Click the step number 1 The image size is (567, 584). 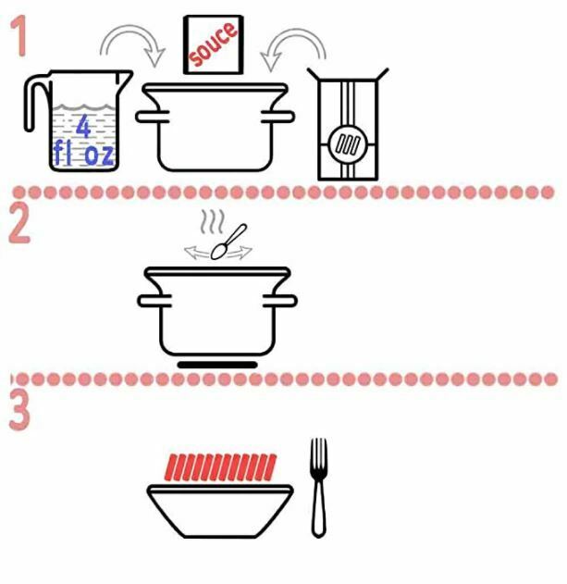pos(18,36)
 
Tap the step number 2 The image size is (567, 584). pos(19,225)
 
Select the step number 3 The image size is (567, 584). pos(19,410)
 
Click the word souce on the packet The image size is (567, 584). pos(213,43)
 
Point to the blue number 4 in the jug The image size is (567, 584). pos(84,126)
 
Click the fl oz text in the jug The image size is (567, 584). pos(83,153)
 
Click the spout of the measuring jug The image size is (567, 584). pos(125,78)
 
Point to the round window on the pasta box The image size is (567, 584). pos(348,144)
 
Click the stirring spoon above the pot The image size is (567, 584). pos(228,242)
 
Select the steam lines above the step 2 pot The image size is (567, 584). pos(213,221)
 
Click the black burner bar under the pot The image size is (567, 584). pos(217,365)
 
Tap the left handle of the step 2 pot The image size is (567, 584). pos(154,301)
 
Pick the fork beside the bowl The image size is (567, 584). pos(319,488)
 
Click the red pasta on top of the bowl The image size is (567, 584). pos(220,467)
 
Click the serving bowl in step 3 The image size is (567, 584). pos(220,511)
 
